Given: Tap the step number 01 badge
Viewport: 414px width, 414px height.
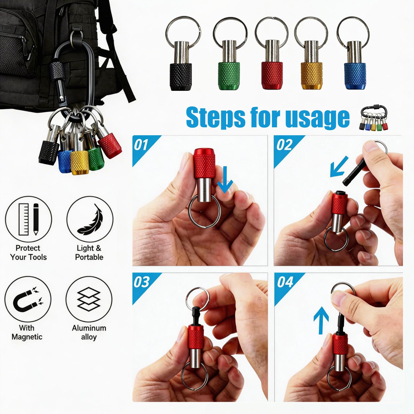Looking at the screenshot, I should [x=141, y=145].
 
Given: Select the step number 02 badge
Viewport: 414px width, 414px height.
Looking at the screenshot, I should [x=284, y=145].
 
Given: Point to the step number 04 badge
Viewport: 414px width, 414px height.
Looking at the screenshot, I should [x=285, y=282].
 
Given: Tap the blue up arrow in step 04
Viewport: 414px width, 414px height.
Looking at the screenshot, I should [x=321, y=320].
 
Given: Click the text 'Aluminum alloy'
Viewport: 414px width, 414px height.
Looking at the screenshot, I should [x=89, y=332].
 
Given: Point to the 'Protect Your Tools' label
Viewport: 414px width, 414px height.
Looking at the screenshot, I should [x=28, y=253].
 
